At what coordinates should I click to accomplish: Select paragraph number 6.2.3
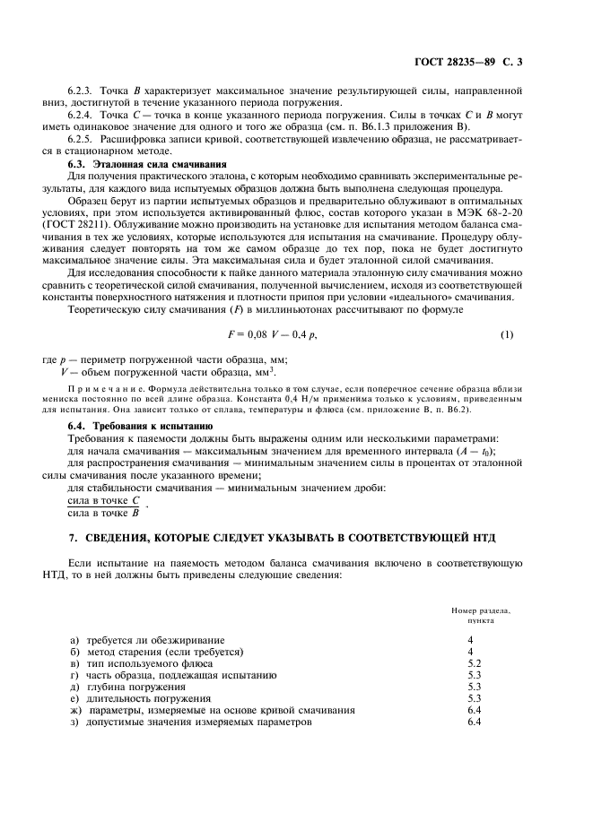point(83,91)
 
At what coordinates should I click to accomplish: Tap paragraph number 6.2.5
point(83,139)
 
